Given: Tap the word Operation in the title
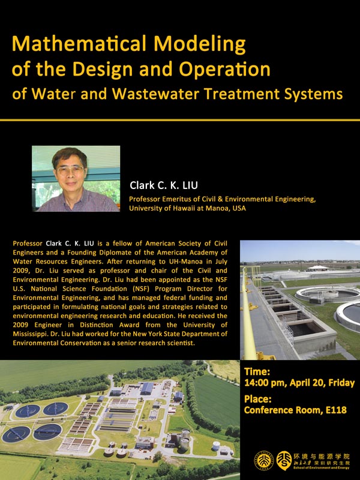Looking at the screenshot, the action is click(x=224, y=69).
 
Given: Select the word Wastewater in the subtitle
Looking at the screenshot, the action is click(x=156, y=94).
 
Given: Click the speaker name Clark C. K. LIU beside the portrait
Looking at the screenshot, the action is click(x=164, y=185).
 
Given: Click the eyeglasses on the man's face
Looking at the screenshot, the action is click(x=70, y=170).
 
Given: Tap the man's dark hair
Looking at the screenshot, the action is click(x=69, y=156).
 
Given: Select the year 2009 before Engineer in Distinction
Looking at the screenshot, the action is click(x=20, y=325).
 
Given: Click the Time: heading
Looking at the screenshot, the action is click(x=257, y=371).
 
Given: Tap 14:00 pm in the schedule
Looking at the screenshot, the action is click(x=265, y=383).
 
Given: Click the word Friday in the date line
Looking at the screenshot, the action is click(x=341, y=383).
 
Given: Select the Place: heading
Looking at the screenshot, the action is click(x=258, y=399).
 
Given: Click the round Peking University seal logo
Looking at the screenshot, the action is click(x=263, y=460).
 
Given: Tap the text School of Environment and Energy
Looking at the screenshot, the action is click(x=321, y=468).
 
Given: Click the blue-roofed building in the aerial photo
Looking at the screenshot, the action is click(x=146, y=388).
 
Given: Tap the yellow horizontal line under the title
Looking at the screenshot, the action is click(x=180, y=120).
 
